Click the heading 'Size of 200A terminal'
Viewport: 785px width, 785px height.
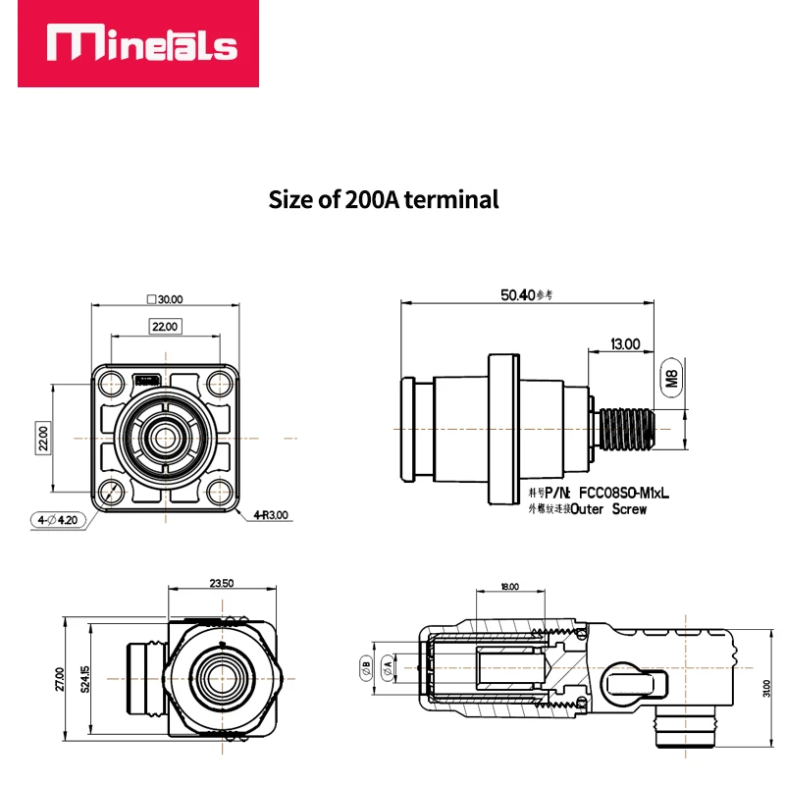pyautogui.click(x=384, y=199)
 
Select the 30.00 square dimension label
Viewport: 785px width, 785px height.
pyautogui.click(x=164, y=299)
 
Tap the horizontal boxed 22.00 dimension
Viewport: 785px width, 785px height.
pyautogui.click(x=164, y=326)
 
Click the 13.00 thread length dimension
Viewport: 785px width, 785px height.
pyautogui.click(x=625, y=344)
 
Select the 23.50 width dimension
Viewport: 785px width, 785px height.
pyautogui.click(x=222, y=583)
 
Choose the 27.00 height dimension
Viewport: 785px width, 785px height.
pyautogui.click(x=61, y=679)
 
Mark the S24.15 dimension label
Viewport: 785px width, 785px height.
pyautogui.click(x=86, y=679)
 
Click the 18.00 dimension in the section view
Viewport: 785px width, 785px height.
pyautogui.click(x=508, y=586)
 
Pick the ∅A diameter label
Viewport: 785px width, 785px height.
pyautogui.click(x=388, y=665)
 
